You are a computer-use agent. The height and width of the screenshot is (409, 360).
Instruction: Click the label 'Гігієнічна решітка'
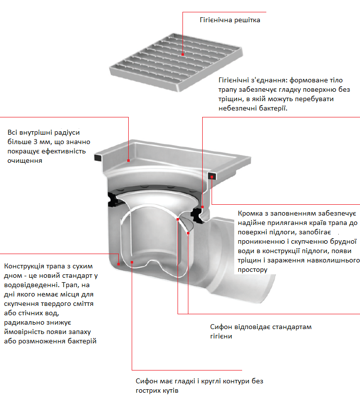[x=230, y=20]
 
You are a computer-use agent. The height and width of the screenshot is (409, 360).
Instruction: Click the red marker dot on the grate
[x=183, y=55]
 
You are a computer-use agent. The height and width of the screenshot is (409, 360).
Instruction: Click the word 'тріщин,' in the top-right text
[x=230, y=99]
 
